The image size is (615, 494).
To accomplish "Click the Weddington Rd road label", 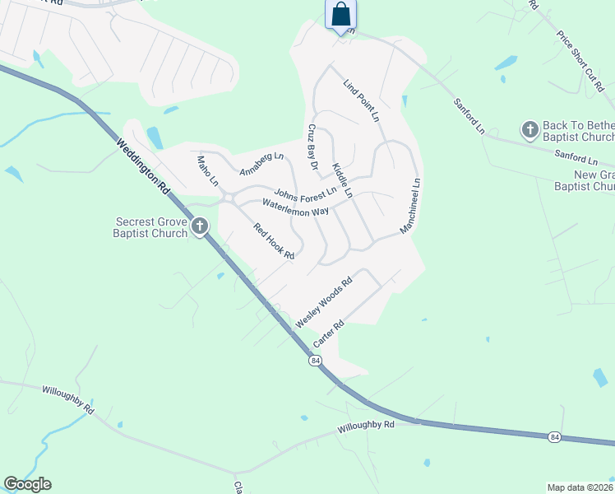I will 144,166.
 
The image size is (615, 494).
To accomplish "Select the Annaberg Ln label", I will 261,164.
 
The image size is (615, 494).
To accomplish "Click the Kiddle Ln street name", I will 342,180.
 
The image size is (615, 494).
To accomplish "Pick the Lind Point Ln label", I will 362,102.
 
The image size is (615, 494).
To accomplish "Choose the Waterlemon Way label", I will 295,207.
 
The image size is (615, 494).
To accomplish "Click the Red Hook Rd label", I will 274,241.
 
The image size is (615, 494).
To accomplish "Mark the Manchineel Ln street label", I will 410,207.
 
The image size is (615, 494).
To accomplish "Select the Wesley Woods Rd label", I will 323,301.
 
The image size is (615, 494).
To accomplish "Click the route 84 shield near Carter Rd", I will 315,361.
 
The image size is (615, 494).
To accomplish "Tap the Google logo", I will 27,484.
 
